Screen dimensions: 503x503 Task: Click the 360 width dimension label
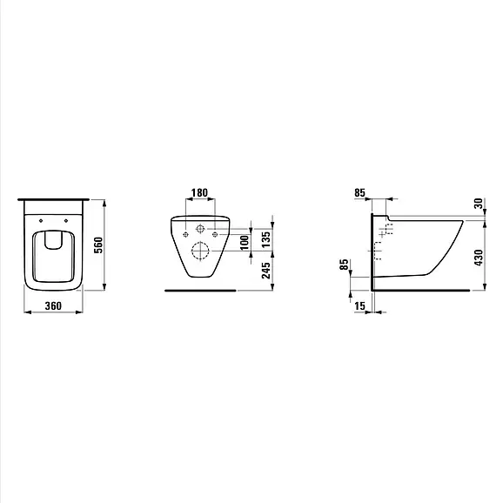pos(53,305)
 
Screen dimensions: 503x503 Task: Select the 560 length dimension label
pos(99,245)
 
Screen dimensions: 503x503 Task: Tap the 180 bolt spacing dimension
pos(199,192)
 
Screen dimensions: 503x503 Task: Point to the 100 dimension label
pos(245,243)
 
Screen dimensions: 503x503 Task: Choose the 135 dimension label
pos(266,239)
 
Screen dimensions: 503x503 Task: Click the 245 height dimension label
pos(266,271)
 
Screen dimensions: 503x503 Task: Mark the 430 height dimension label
pos(478,258)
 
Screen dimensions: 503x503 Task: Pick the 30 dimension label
pos(478,204)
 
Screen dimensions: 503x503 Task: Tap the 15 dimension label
pos(359,305)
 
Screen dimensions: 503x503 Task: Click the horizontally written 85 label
pos(359,192)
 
